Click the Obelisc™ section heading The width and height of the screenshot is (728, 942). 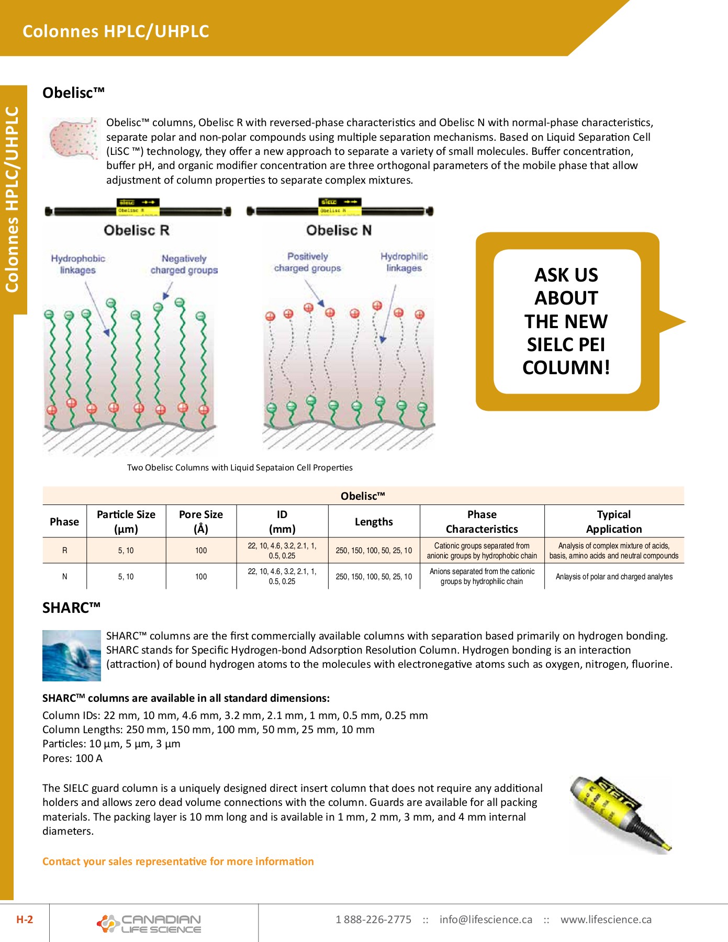coord(73,93)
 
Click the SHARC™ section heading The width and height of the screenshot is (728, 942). coord(71,608)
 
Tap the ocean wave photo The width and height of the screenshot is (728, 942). coord(71,655)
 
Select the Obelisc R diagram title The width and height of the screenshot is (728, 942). coord(136,230)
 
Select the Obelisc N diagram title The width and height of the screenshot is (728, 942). coord(339,230)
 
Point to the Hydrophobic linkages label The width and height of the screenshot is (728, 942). coord(78,264)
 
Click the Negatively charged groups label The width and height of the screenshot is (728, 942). coord(184,264)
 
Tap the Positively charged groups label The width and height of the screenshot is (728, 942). coord(307,262)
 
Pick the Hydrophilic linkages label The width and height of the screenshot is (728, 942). coord(404,262)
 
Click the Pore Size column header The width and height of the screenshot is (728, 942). coord(201,521)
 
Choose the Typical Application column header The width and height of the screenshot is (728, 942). coord(614,521)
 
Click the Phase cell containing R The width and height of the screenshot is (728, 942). coord(64,551)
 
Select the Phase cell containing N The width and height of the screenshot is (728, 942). coord(64,577)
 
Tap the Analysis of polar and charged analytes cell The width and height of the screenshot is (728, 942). coord(614,577)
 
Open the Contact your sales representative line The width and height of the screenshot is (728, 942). coord(178,861)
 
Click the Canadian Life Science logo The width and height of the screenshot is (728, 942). coord(149,924)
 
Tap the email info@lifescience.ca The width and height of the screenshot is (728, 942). coord(486,919)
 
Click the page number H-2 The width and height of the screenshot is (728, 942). coord(25,919)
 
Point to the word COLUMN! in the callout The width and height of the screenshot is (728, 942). coord(566,367)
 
